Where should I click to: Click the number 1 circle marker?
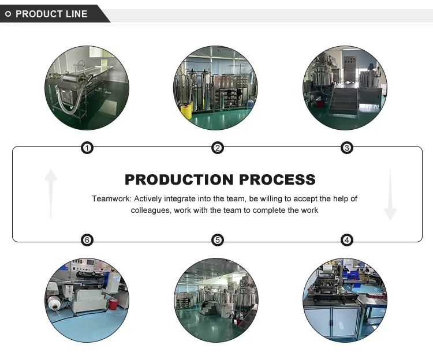pos(87,148)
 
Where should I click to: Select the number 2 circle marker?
pos(218,148)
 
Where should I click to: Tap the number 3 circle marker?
pos(347,148)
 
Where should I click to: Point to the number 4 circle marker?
pos(347,240)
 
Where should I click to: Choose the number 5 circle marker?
pos(218,240)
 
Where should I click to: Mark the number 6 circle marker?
pos(87,240)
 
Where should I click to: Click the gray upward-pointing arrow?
pos(51,193)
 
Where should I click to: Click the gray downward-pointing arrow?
pos(390,194)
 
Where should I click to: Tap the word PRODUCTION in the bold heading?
pos(180,179)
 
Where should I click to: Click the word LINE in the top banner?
pos(76,14)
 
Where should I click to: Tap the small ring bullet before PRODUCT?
pos(8,14)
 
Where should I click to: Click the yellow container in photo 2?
pos(186,111)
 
